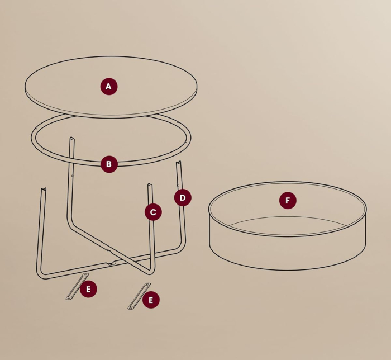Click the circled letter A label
pyautogui.click(x=109, y=87)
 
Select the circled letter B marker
pyautogui.click(x=109, y=164)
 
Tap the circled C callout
pyautogui.click(x=153, y=212)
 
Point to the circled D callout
pyautogui.click(x=183, y=198)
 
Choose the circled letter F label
pyautogui.click(x=288, y=200)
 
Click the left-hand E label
pyautogui.click(x=88, y=289)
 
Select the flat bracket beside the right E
pyautogui.click(x=139, y=296)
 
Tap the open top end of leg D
pyautogui.click(x=179, y=163)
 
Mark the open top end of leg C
pyautogui.click(x=150, y=185)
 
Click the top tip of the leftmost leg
pyautogui.click(x=42, y=190)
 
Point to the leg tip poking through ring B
pyautogui.click(x=71, y=139)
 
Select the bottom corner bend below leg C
pyautogui.click(x=150, y=272)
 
